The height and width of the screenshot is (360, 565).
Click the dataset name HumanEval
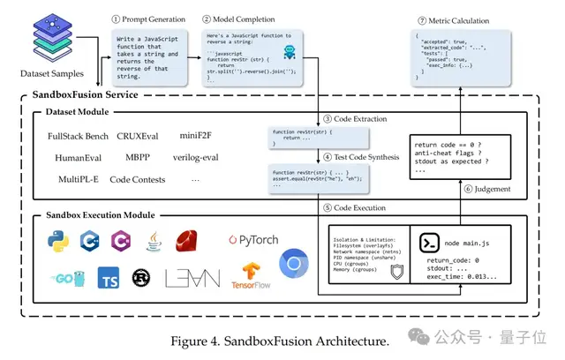click(73, 159)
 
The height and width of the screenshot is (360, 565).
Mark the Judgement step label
click(495, 186)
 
